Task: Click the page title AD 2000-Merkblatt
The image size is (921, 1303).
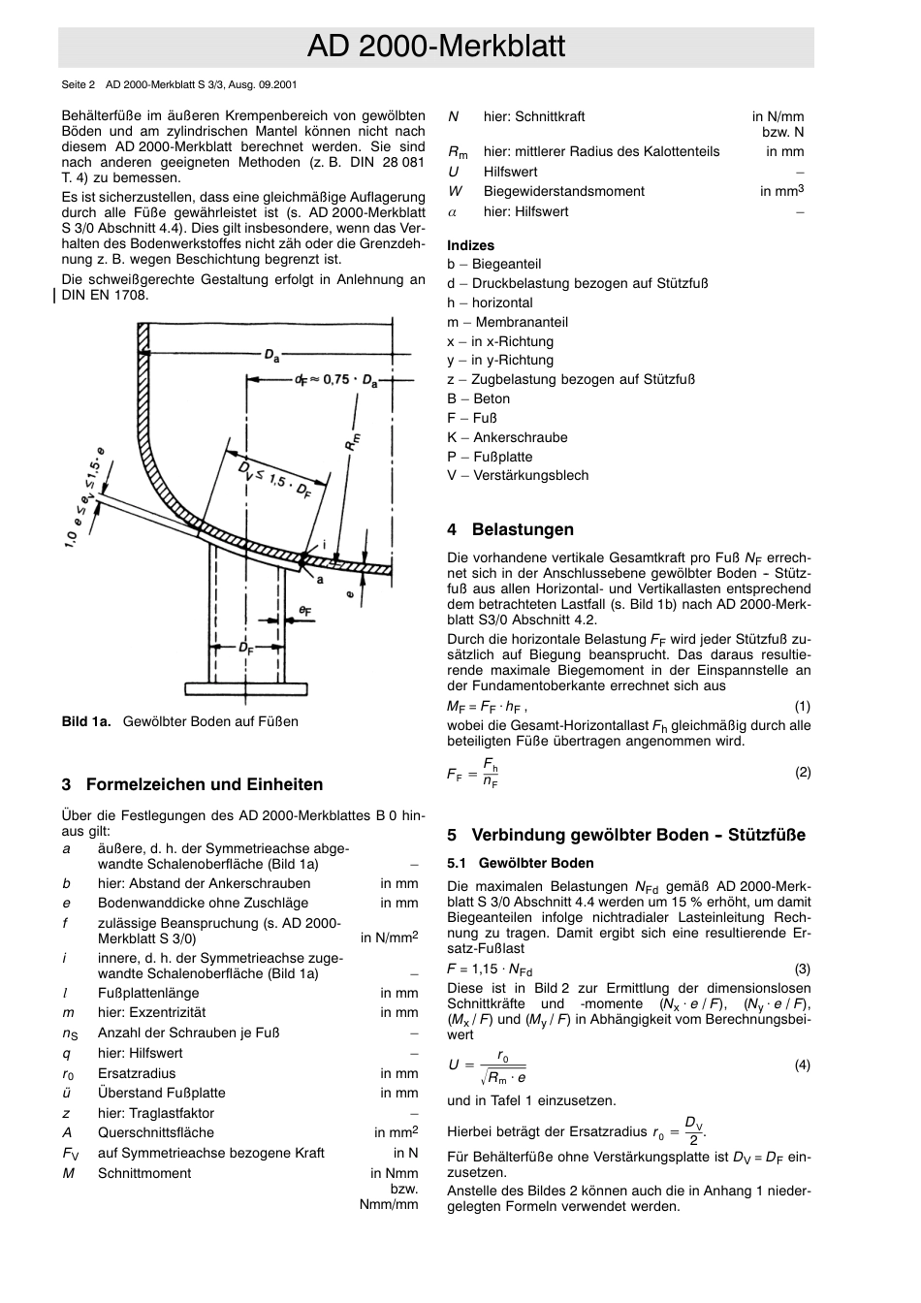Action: (x=435, y=47)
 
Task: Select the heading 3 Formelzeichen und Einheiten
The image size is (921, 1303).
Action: (x=192, y=784)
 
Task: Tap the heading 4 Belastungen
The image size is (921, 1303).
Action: (x=510, y=529)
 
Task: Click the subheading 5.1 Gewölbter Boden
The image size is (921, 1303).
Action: (x=521, y=863)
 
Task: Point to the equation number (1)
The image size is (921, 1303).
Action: (x=802, y=707)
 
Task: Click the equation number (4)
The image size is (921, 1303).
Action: (x=802, y=1065)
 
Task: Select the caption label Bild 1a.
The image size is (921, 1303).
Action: (x=86, y=721)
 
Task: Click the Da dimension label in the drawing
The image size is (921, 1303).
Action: (x=272, y=356)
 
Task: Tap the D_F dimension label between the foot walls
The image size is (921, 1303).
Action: (x=246, y=650)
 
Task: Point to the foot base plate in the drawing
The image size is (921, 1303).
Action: (x=247, y=688)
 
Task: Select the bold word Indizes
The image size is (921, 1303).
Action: (x=470, y=245)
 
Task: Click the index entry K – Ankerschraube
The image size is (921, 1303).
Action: (x=507, y=437)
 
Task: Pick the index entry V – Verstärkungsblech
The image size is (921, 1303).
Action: (x=518, y=475)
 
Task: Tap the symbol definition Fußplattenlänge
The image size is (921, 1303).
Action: (x=148, y=993)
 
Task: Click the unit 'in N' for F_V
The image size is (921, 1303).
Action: (x=405, y=1153)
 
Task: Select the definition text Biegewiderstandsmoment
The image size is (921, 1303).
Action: (x=563, y=191)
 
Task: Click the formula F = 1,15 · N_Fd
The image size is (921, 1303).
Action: (x=490, y=969)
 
